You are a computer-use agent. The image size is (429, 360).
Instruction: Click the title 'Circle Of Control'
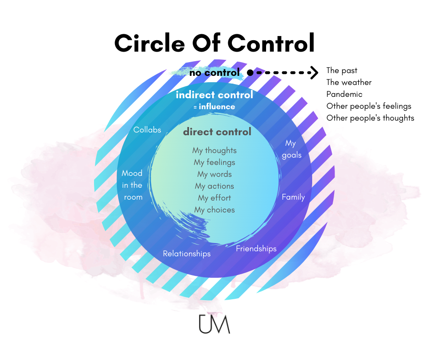point(214,43)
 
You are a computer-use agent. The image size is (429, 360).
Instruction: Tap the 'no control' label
point(215,73)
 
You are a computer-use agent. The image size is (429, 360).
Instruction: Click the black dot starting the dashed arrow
point(250,72)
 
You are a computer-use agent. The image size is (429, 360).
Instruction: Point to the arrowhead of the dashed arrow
point(314,72)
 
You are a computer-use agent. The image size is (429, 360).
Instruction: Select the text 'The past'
point(342,70)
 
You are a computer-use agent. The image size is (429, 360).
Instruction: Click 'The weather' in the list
point(349,82)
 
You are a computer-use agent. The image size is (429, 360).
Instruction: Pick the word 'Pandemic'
point(344,94)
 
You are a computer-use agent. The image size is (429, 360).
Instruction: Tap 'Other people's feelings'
point(369,106)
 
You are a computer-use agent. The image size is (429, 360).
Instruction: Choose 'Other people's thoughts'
point(370,118)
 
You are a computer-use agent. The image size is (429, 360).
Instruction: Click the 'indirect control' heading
point(214,95)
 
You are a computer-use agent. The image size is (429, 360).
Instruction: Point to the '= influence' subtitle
point(214,107)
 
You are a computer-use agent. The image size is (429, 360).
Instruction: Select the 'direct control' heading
point(217,132)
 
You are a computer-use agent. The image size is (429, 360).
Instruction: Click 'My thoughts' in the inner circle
point(214,150)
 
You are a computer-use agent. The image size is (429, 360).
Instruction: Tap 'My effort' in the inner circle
point(214,198)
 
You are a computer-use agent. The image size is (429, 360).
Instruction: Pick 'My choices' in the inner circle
point(214,210)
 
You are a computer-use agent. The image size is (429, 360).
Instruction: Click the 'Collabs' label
point(147,130)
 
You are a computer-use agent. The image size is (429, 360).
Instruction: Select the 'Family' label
point(293,197)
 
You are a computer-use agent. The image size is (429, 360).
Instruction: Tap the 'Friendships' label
point(256,249)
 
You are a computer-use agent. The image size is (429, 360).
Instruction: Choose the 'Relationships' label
point(187,254)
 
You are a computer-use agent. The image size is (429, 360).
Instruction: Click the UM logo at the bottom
point(214,324)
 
